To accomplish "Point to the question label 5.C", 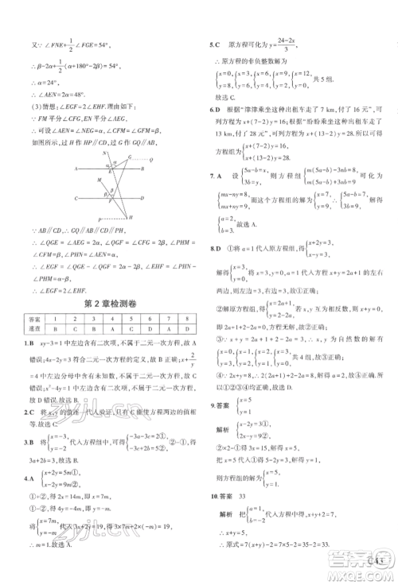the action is click(x=213, y=45).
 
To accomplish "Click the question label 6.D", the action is click(x=213, y=109).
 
